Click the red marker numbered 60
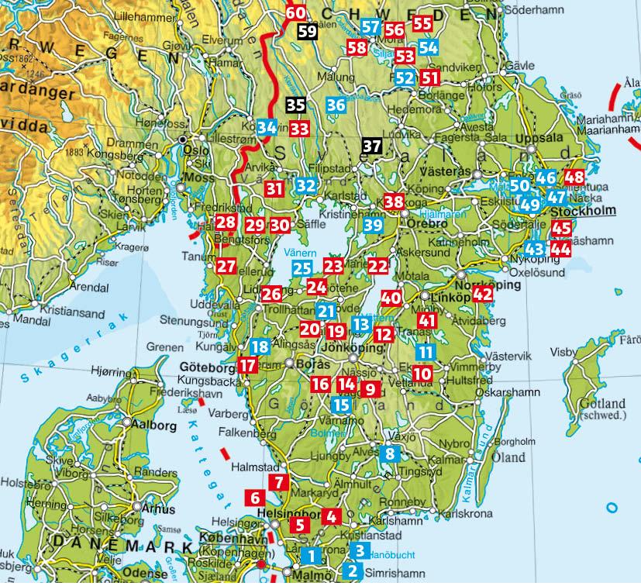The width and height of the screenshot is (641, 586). pyautogui.click(x=296, y=12)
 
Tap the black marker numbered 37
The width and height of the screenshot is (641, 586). pyautogui.click(x=372, y=145)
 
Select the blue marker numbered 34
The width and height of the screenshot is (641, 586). pyautogui.click(x=267, y=126)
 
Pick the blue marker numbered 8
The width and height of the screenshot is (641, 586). pyautogui.click(x=390, y=454)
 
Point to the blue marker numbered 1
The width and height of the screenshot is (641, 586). pyautogui.click(x=312, y=555)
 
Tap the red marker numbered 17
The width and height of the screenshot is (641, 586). pyautogui.click(x=247, y=364)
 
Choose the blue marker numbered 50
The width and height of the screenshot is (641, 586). pyautogui.click(x=519, y=185)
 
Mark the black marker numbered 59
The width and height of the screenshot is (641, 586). pyautogui.click(x=307, y=31)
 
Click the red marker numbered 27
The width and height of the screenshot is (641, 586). pyautogui.click(x=226, y=266)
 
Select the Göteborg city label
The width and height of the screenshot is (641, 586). pyautogui.click(x=202, y=367)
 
